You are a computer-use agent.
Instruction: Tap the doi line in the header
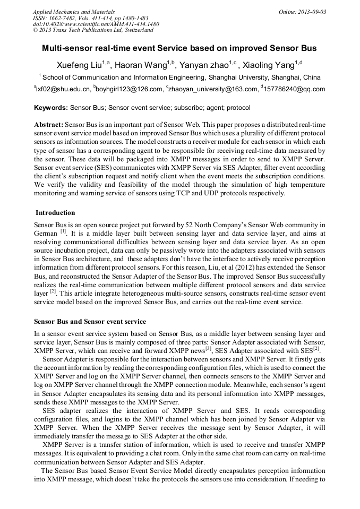tap(96, 24)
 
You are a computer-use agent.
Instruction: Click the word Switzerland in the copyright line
tap(134, 30)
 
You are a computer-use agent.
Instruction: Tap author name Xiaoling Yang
tap(271, 65)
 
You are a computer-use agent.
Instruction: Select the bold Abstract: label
tap(49, 124)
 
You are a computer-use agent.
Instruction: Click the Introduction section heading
tap(55, 213)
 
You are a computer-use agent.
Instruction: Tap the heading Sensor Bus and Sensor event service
tap(90, 322)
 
